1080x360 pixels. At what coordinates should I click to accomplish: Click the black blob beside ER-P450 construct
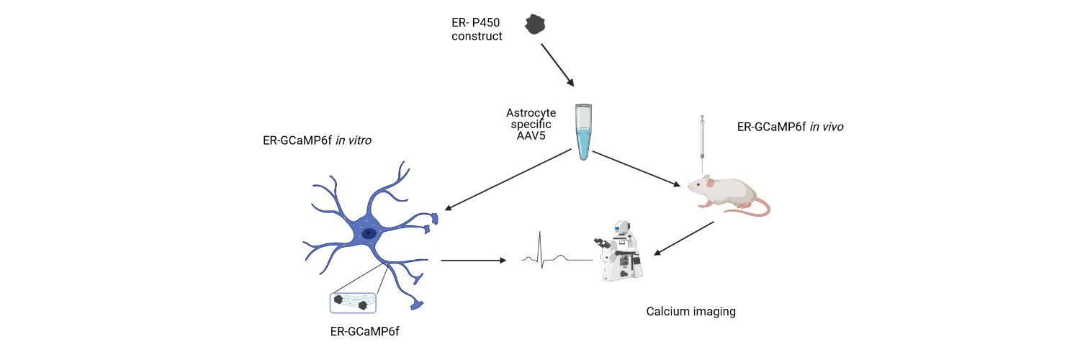pos(535,24)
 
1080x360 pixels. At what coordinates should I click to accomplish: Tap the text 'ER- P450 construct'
pos(477,30)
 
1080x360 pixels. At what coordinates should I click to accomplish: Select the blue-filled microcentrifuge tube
pos(583,132)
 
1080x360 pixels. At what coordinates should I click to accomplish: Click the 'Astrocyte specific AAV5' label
pos(531,125)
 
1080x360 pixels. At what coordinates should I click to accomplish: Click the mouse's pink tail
pos(752,207)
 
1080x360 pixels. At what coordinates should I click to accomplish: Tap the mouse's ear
pos(710,183)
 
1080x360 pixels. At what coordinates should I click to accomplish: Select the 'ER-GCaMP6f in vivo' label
pos(791,127)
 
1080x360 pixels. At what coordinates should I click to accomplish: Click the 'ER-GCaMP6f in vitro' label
pos(317,140)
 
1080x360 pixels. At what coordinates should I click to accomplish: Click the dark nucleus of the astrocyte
pos(369,234)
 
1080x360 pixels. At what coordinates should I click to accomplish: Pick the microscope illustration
pos(619,251)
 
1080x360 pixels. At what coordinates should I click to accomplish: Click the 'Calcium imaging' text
pos(691,311)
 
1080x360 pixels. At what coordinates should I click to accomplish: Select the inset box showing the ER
pos(353,303)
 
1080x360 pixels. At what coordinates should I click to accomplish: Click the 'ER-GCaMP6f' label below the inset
pos(364,332)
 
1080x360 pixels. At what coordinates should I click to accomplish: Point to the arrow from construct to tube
pos(557,65)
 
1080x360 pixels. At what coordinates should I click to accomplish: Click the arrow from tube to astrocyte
pos(508,180)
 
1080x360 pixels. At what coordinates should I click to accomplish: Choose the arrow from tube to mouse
pos(636,168)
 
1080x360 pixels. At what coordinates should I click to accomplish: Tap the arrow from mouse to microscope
pos(684,238)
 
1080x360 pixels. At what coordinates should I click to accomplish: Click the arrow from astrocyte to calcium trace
pos(474,261)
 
